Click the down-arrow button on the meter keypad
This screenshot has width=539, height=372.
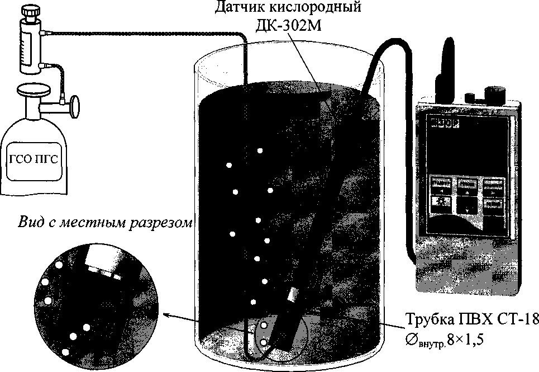(465, 205)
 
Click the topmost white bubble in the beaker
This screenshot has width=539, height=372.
(260, 150)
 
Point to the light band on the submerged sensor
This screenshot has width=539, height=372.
(293, 295)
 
